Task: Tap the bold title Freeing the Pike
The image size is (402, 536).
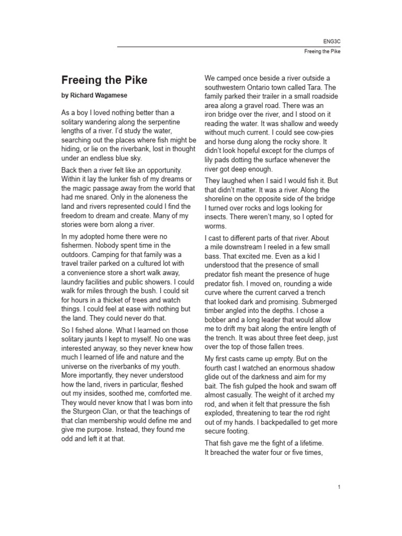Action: point(104,80)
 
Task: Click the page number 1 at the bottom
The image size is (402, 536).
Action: point(339,487)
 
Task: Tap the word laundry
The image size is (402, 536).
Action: point(75,282)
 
